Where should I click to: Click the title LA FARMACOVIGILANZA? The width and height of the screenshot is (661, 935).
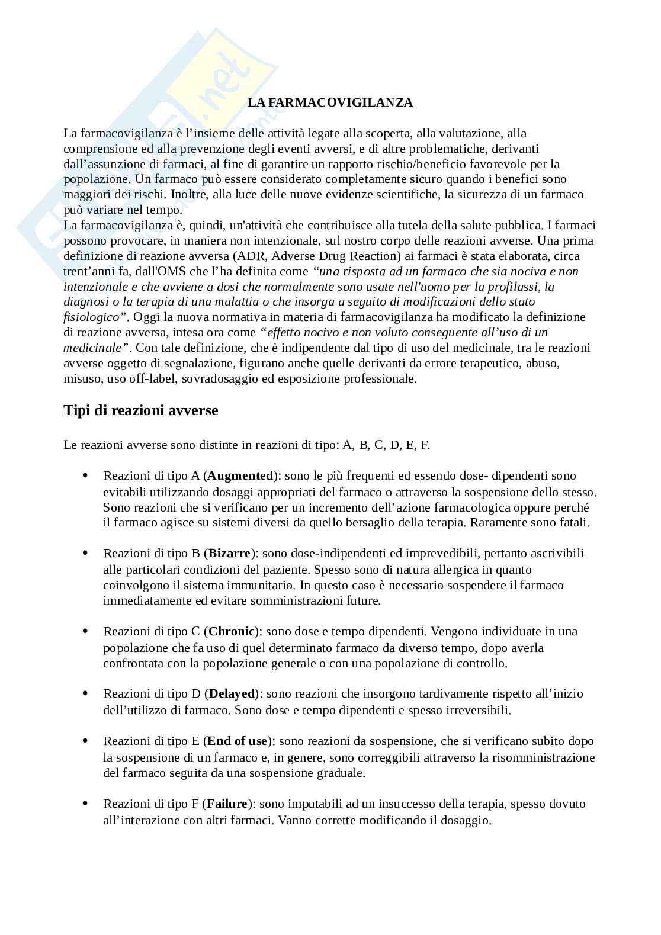(330, 102)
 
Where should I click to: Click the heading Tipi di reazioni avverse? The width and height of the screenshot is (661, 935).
(140, 410)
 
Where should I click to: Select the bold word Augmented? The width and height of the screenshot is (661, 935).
(240, 475)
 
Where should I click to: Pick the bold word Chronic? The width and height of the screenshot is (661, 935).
(232, 631)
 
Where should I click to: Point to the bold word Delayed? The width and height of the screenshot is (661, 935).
(232, 693)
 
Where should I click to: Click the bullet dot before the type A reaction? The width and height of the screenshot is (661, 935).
(85, 475)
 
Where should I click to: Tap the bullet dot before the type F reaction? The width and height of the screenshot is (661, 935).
(85, 804)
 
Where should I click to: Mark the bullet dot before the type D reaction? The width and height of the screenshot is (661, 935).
(85, 693)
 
